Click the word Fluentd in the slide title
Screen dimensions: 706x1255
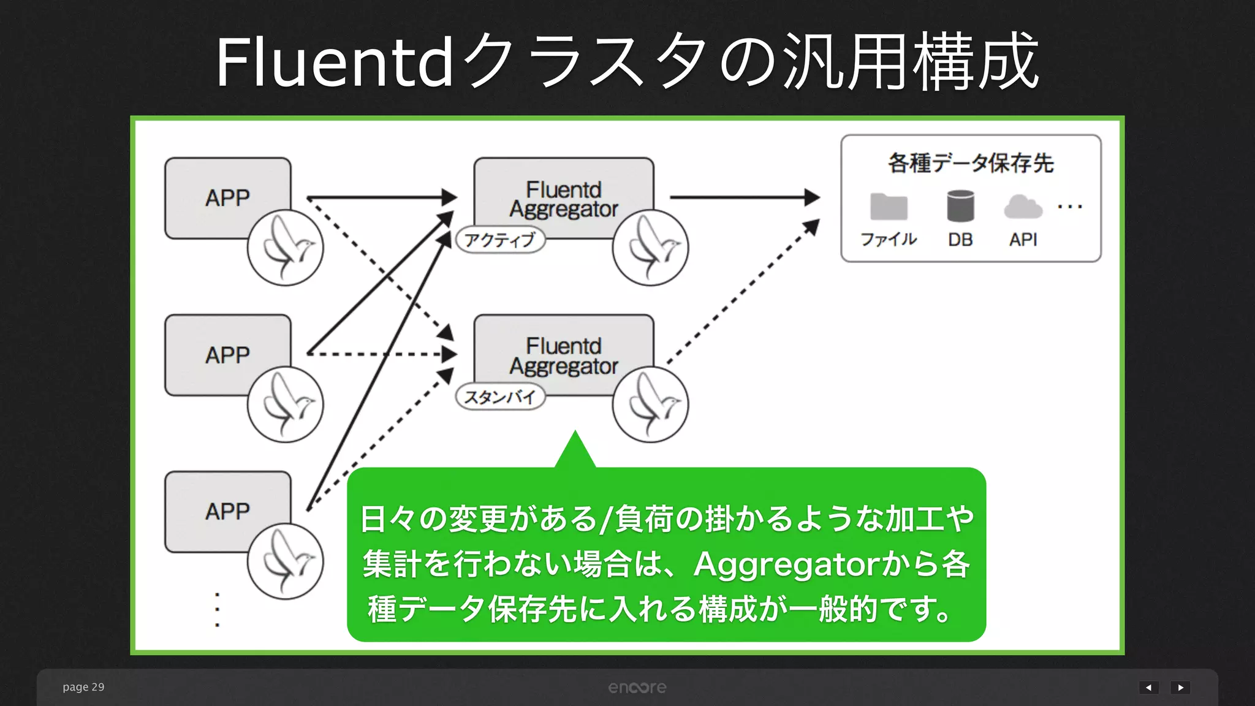[x=335, y=62]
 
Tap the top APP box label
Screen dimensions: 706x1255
[x=227, y=198]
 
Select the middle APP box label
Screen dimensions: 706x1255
[x=227, y=355]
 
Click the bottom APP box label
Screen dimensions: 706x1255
[x=227, y=511]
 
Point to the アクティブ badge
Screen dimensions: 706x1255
[x=500, y=240]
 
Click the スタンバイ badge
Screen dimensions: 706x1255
[x=500, y=397]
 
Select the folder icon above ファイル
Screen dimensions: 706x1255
[x=889, y=207]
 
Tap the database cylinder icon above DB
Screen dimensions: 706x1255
[x=960, y=205]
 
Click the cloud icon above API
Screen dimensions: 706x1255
[x=1023, y=207]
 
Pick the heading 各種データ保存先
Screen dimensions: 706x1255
[x=971, y=163]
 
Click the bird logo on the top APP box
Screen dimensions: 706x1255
[x=286, y=248]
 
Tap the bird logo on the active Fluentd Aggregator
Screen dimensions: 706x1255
[x=650, y=248]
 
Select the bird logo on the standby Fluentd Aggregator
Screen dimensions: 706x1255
[x=650, y=404]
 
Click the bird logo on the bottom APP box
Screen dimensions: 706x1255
[x=286, y=561]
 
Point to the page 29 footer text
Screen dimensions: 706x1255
[x=83, y=687]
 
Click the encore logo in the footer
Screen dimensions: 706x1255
[x=637, y=688]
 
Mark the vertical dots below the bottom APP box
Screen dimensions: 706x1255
[x=217, y=610]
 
